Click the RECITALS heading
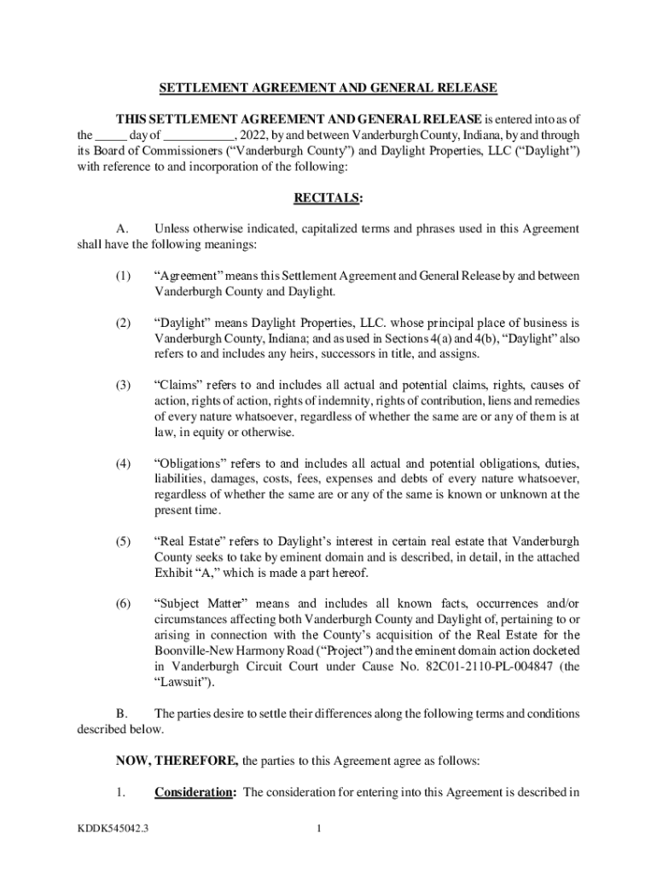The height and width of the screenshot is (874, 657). tap(328, 198)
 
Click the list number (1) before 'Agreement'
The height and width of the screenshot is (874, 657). tap(125, 276)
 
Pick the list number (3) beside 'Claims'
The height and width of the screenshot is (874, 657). tap(125, 385)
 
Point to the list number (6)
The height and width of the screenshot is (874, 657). tap(125, 603)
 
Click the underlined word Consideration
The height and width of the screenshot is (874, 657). tap(195, 792)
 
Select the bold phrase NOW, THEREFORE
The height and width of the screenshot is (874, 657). tap(177, 760)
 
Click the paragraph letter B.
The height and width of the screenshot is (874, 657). tap(121, 714)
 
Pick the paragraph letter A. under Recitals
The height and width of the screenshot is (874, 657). tap(121, 229)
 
